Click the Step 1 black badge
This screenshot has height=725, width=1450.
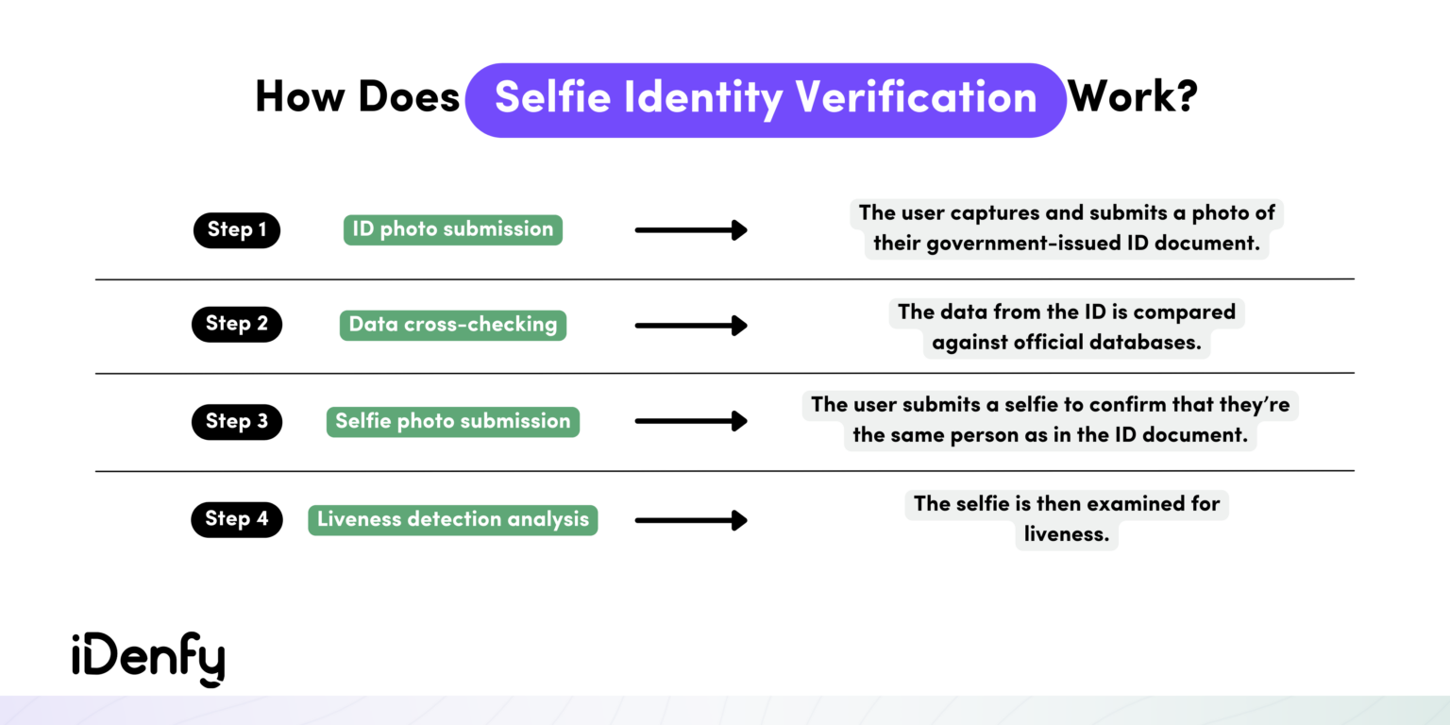[x=237, y=230]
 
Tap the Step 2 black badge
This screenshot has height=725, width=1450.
[x=237, y=324]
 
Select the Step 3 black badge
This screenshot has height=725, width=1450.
[x=237, y=421]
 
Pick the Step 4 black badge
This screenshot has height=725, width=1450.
[x=237, y=518]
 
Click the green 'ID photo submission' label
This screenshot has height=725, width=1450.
[x=452, y=229]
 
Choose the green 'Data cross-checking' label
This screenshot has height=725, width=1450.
[x=452, y=325]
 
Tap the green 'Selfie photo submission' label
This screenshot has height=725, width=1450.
[x=452, y=421]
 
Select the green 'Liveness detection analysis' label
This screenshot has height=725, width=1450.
[x=452, y=519]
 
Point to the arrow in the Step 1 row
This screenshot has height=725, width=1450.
[x=691, y=230]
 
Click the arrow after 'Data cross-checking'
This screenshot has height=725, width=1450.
[x=691, y=326]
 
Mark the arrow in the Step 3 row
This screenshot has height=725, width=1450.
[x=691, y=421]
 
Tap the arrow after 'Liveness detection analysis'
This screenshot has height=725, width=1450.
[x=691, y=520]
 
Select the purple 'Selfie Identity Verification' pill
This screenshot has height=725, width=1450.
[x=766, y=99]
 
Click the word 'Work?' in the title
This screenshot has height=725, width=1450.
[x=1133, y=97]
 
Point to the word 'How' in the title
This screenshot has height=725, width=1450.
[x=301, y=97]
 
